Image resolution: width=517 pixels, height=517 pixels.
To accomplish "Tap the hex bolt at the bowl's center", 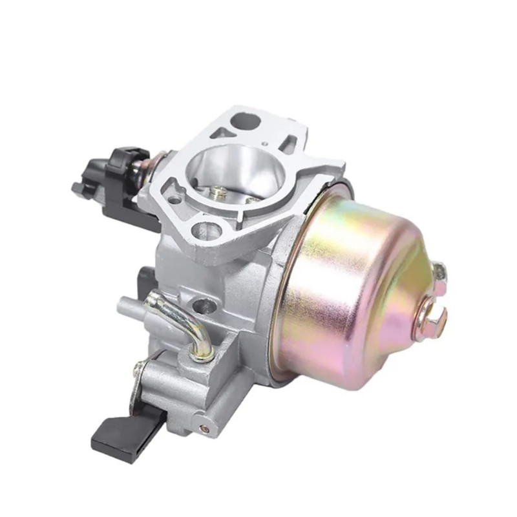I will tap(431, 317).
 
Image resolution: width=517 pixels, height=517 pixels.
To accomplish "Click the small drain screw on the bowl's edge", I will tap(440, 271).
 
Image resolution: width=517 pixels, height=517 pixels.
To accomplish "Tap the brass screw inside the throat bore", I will tap(220, 192).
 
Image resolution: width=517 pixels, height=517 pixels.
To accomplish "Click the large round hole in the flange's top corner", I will tap(247, 120).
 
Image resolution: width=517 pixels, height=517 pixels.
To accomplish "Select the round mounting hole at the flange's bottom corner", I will tap(207, 229).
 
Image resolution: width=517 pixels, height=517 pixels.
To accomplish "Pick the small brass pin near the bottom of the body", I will tap(204, 427).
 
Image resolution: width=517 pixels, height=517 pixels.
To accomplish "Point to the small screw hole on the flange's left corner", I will tap(174, 199).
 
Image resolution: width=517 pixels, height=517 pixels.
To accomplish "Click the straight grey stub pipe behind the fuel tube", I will tap(129, 303).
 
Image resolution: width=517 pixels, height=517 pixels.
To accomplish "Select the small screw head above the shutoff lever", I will tap(138, 369).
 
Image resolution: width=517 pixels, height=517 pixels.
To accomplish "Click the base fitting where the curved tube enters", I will tap(206, 352).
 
